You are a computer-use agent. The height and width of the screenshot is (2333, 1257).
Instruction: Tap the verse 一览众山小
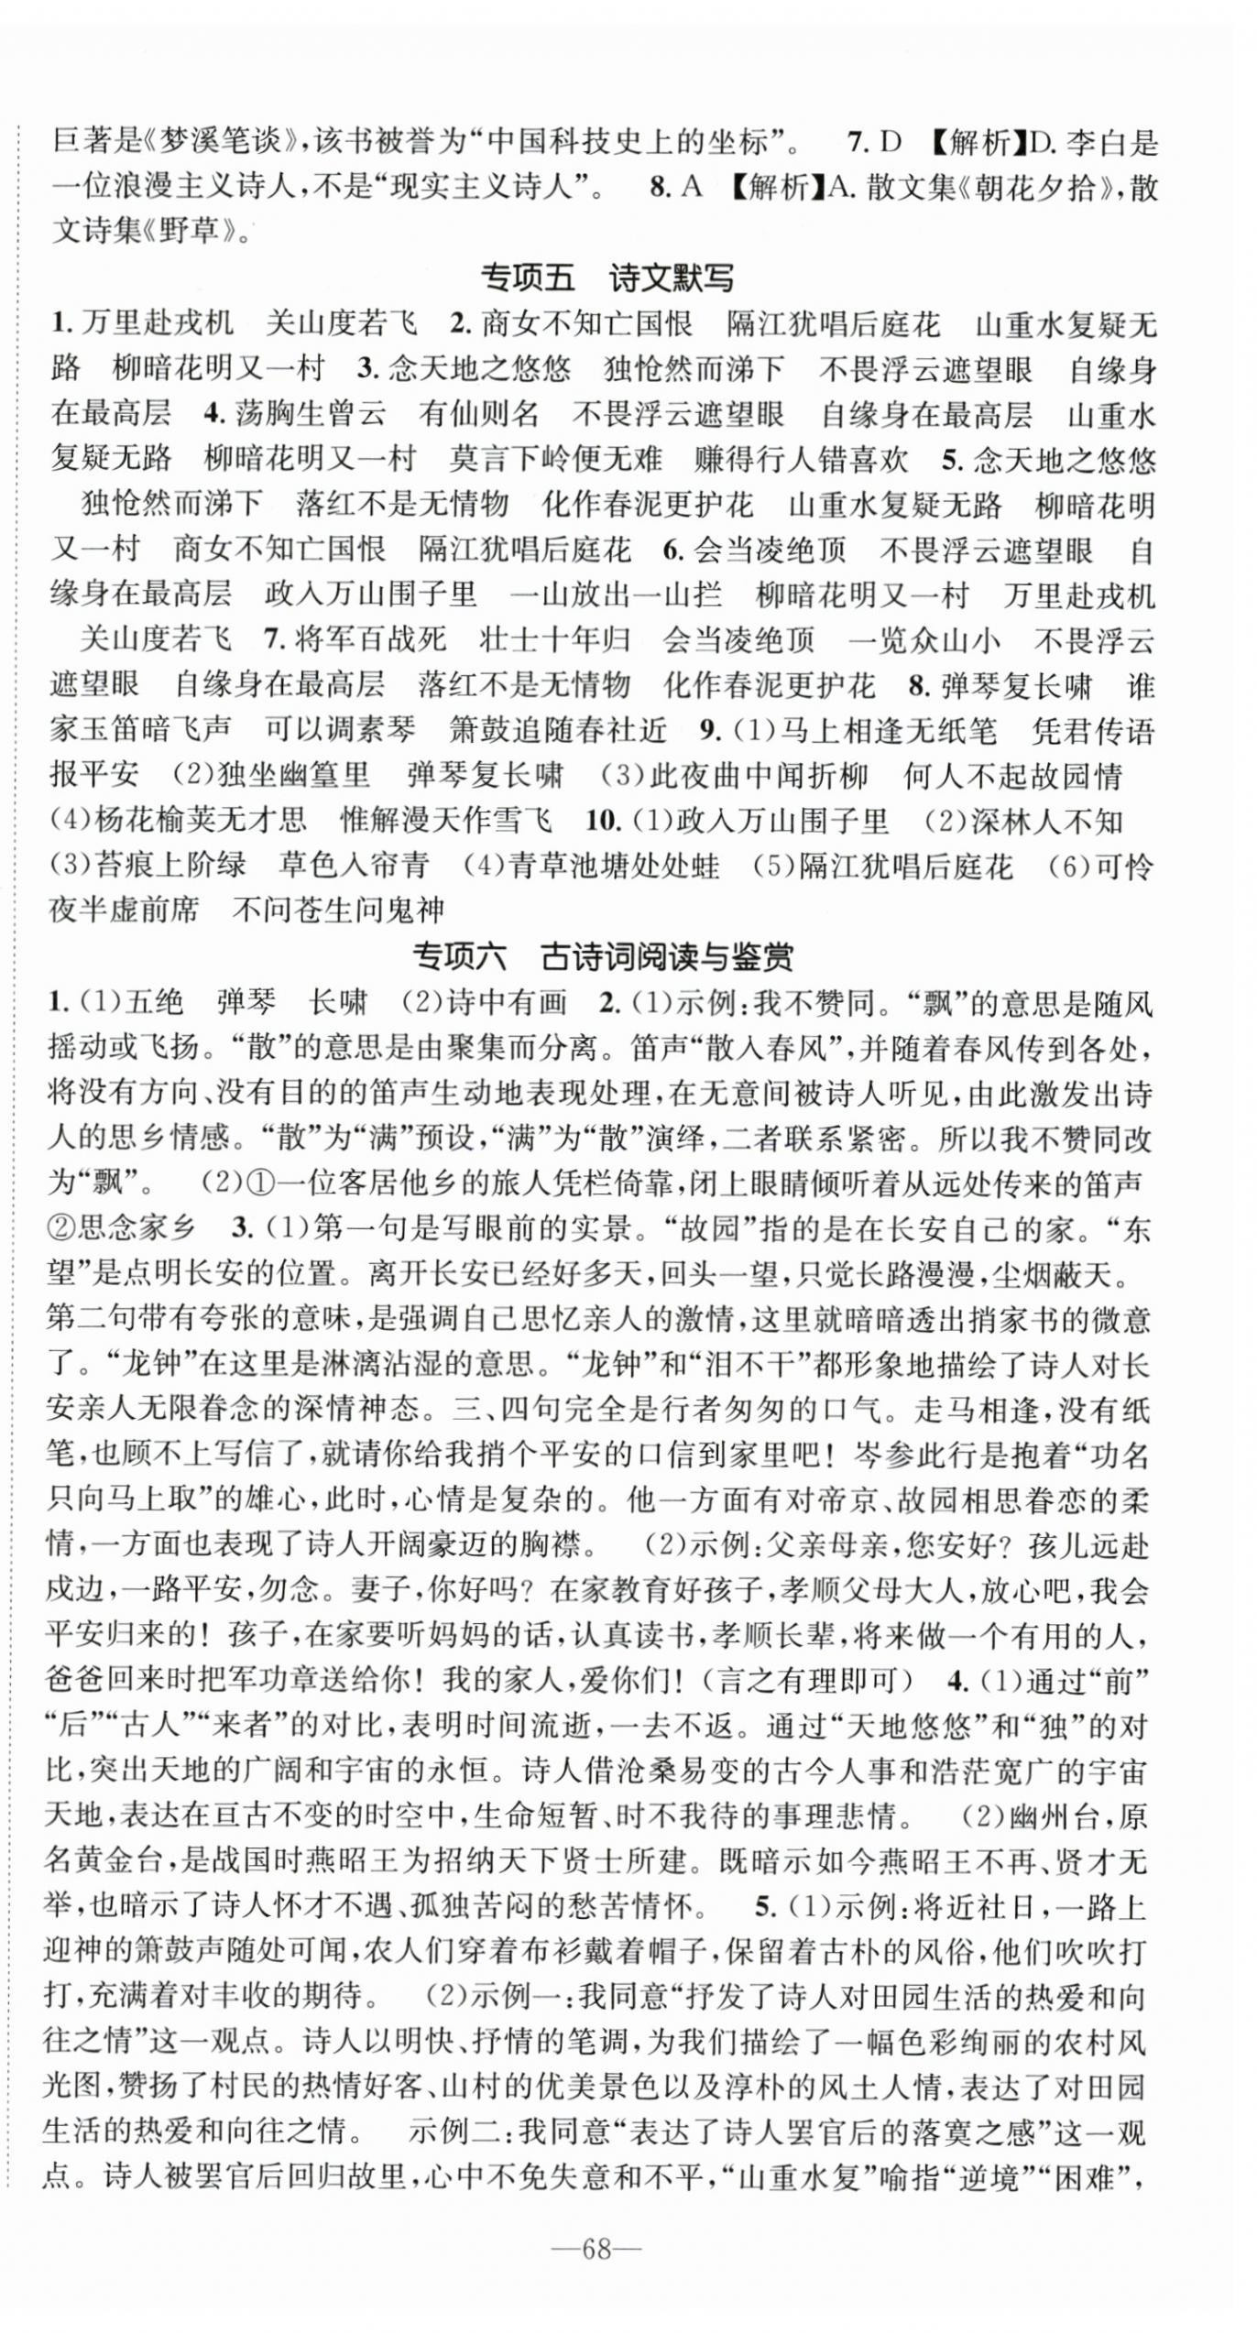click(924, 639)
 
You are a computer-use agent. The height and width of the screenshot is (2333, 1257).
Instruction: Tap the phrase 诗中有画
click(506, 1003)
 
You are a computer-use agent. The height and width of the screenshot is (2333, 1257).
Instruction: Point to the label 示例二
click(453, 2132)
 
